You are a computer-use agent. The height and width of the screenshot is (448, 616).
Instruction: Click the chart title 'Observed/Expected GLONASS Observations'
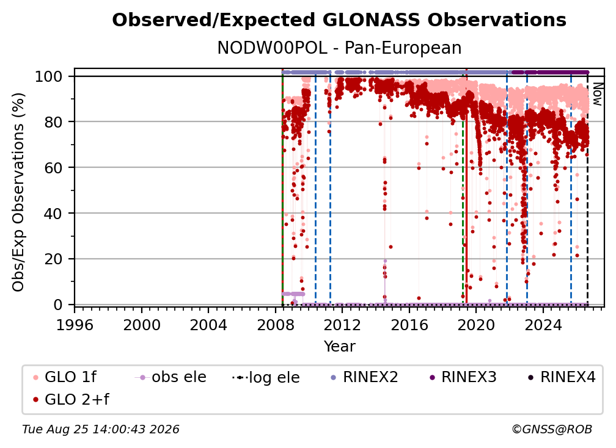click(x=339, y=20)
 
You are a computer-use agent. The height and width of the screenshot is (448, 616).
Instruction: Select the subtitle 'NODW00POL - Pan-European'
click(x=339, y=48)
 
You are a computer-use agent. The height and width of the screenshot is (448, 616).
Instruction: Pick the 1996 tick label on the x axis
click(x=75, y=325)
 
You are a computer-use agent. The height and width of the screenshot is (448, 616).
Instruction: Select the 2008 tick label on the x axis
click(x=276, y=325)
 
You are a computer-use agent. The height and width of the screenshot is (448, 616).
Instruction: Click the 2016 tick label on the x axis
click(x=409, y=325)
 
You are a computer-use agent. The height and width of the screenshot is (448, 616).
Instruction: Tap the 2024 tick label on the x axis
click(x=543, y=325)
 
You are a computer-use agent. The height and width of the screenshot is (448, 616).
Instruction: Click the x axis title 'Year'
click(x=339, y=347)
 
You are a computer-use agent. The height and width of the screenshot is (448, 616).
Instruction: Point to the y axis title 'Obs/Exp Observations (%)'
click(x=18, y=192)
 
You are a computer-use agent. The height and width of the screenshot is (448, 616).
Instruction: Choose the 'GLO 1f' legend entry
click(x=65, y=377)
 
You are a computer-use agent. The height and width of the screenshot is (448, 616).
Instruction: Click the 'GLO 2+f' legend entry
click(x=71, y=399)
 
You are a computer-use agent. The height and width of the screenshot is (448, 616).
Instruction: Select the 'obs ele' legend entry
click(x=170, y=377)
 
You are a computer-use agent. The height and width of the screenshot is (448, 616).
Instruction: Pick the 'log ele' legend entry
click(x=266, y=377)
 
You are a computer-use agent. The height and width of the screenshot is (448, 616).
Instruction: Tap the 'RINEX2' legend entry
click(x=364, y=377)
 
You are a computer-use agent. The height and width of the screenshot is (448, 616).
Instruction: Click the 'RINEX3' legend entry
click(x=463, y=377)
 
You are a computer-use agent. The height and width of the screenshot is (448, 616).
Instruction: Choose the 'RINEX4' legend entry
click(x=562, y=377)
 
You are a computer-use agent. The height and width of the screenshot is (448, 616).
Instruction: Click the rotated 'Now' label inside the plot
click(x=596, y=94)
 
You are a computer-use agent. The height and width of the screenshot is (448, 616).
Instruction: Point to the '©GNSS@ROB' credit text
click(x=552, y=429)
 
